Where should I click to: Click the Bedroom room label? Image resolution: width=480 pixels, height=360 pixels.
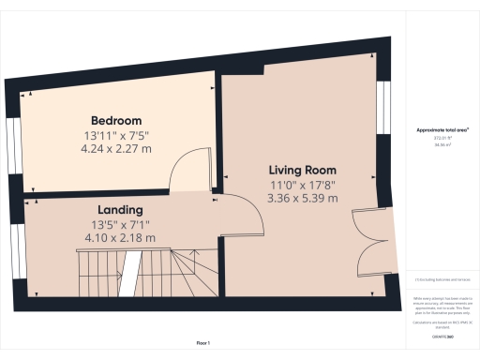(116, 121)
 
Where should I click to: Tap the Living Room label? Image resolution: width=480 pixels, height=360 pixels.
(302, 170)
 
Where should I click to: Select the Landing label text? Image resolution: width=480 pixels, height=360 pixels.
(120, 209)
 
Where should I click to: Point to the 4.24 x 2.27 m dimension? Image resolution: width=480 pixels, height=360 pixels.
(116, 149)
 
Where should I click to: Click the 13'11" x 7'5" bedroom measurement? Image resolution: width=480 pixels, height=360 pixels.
(116, 135)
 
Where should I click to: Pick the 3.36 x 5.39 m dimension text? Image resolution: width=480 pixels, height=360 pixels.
(302, 198)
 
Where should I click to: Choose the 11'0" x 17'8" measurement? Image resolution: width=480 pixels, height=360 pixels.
(302, 184)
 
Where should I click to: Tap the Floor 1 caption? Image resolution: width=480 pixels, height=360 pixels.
(203, 345)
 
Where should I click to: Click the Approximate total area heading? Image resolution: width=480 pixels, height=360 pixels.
(442, 129)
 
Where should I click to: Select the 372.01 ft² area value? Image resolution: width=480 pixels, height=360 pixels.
(442, 139)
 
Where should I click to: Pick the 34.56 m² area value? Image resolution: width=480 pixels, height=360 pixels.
(442, 145)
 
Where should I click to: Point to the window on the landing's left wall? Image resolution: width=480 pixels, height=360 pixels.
(17, 248)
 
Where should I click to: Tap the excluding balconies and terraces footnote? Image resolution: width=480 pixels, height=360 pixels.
(442, 279)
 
